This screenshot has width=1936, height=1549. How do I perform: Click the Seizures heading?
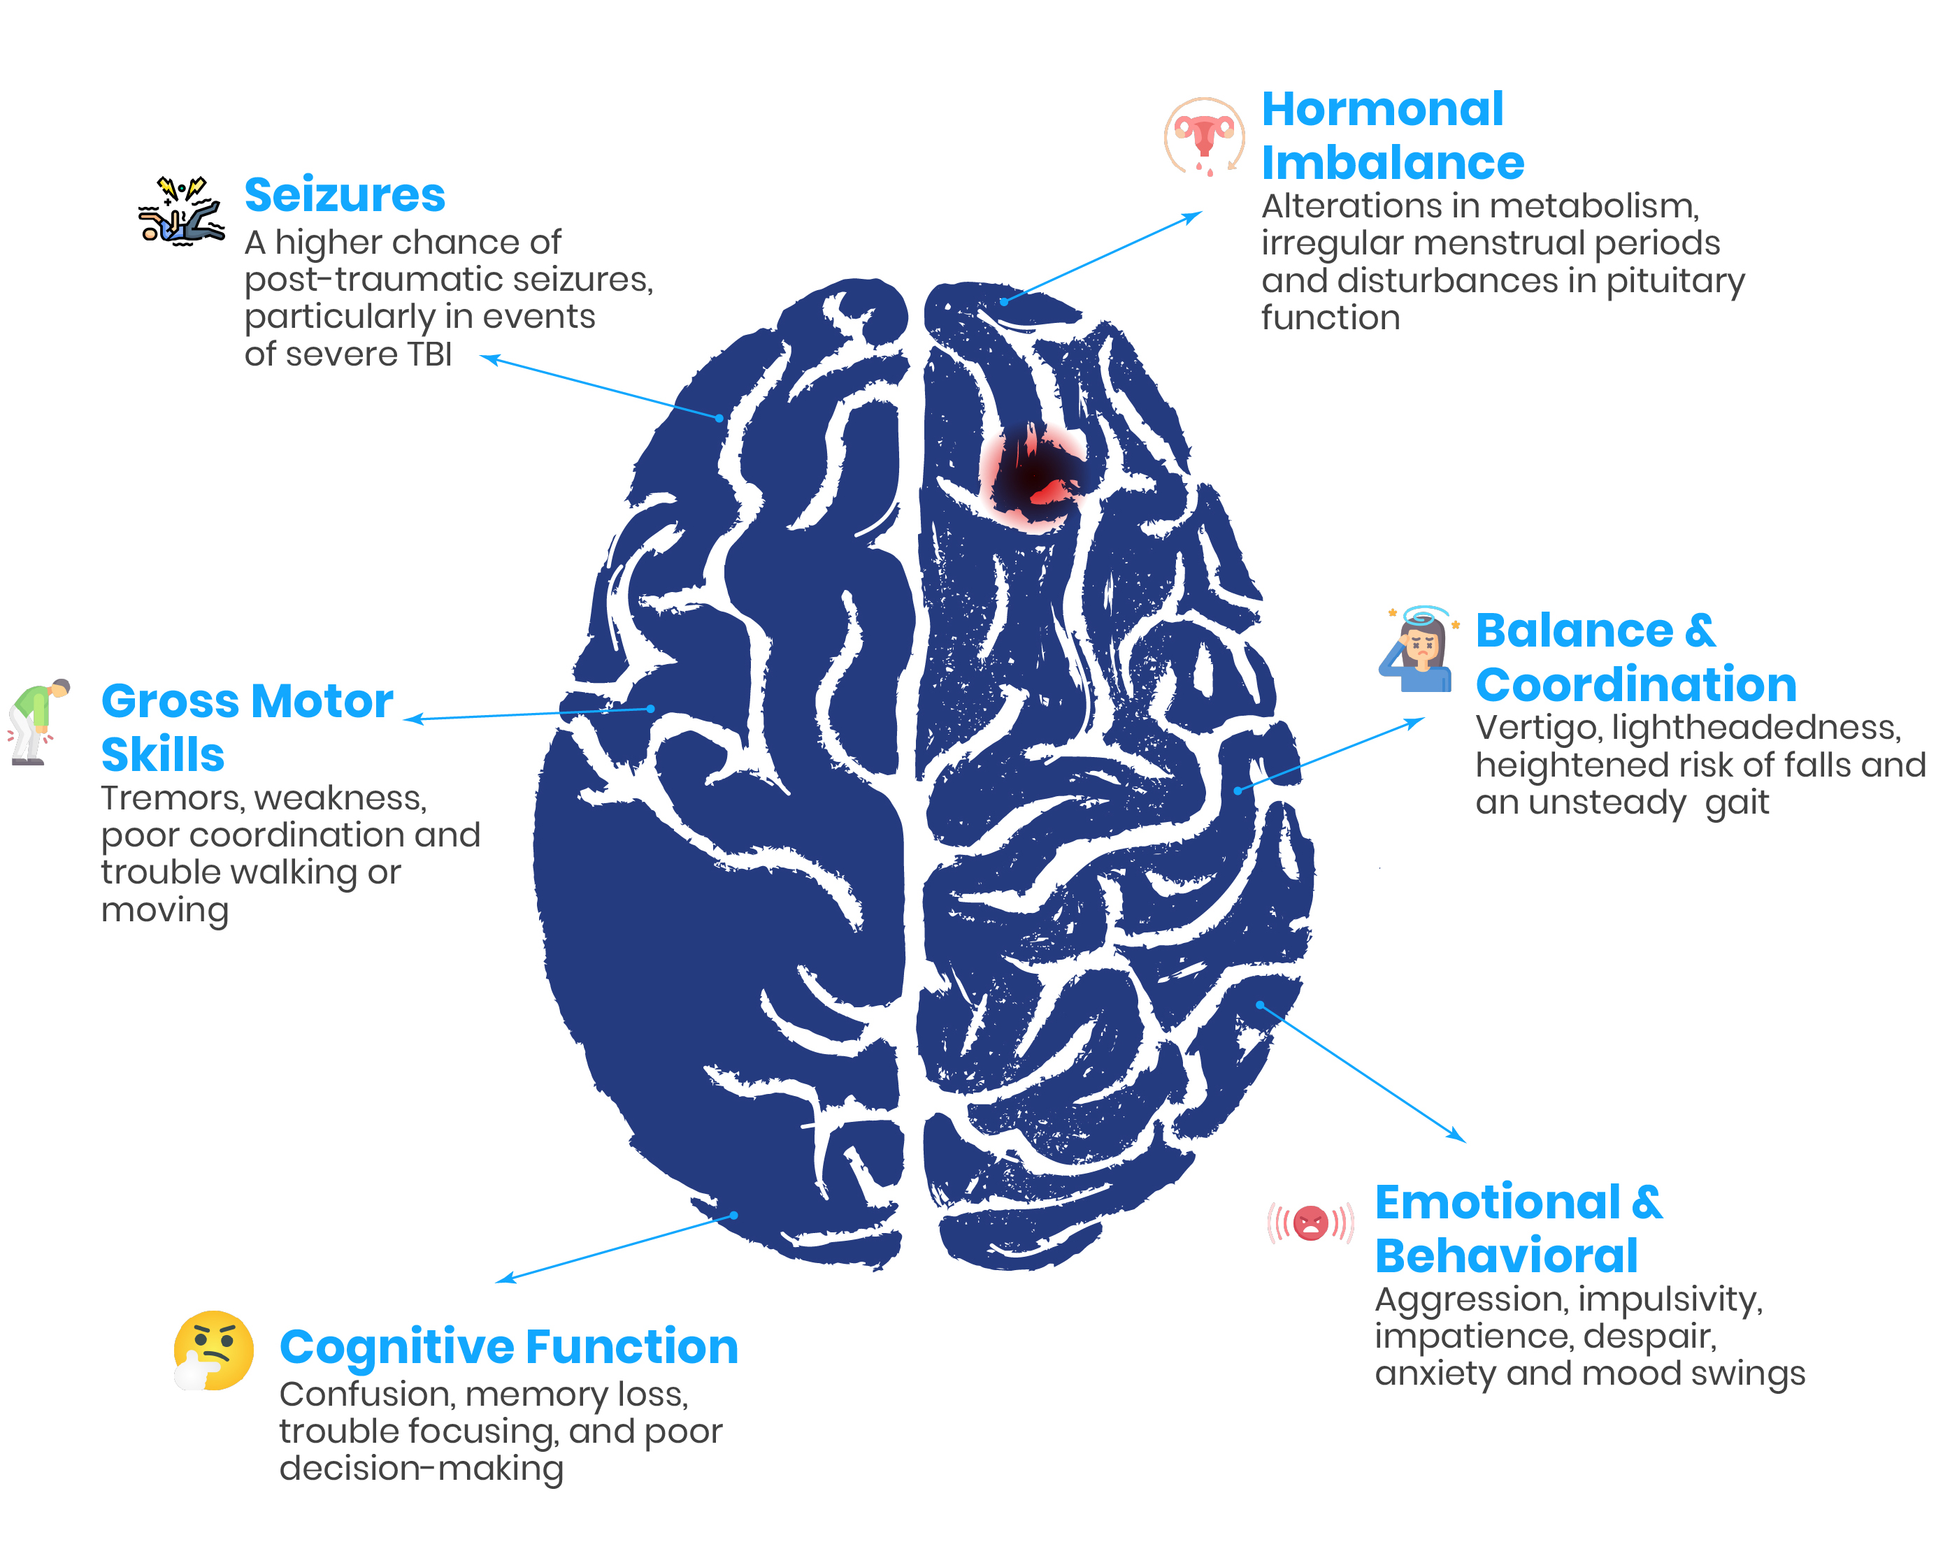[345, 195]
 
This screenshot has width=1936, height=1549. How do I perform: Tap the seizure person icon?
[181, 212]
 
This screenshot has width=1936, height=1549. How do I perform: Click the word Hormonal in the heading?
[1382, 110]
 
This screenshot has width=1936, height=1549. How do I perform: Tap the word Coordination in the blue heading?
[1635, 685]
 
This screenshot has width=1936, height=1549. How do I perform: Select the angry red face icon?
[1311, 1222]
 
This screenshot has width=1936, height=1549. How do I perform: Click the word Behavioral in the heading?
[1506, 1255]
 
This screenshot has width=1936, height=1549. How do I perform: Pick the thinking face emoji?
[214, 1350]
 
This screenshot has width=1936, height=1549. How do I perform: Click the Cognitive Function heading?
[508, 1347]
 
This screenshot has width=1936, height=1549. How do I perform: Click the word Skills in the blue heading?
[162, 754]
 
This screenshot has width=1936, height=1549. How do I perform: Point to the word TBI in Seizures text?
[429, 354]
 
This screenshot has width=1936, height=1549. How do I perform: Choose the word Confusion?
[366, 1395]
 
